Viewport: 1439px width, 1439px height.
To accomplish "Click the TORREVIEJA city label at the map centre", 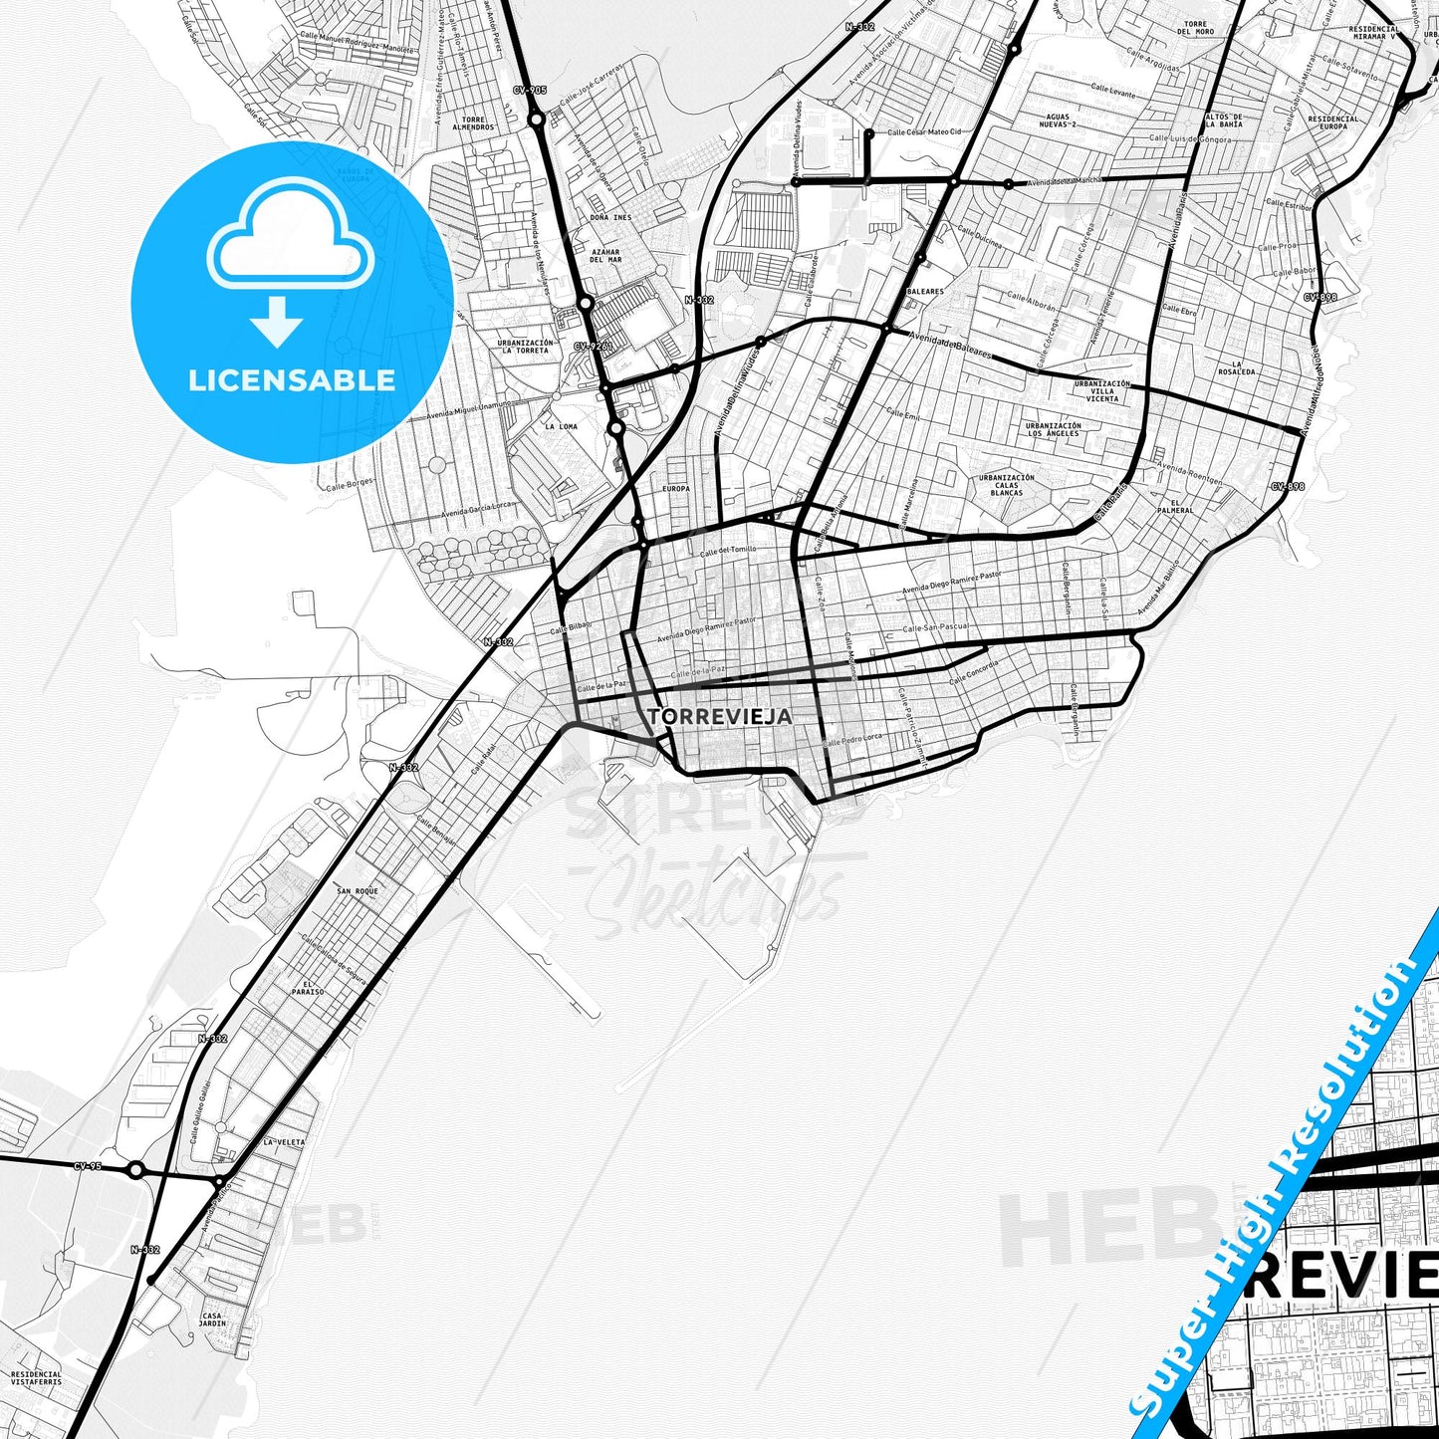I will [719, 716].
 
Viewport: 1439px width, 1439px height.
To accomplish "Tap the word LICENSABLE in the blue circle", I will [292, 379].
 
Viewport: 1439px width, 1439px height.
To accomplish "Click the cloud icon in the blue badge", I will [291, 234].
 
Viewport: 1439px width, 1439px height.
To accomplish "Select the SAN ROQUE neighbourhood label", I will [358, 891].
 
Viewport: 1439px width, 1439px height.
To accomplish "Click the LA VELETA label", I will [284, 1142].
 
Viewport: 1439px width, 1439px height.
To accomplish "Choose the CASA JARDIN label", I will [213, 1319].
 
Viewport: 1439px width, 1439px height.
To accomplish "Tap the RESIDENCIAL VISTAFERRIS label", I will [36, 1378].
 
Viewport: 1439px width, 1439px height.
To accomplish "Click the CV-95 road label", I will [88, 1166].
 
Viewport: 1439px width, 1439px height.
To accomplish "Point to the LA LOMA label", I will [561, 426].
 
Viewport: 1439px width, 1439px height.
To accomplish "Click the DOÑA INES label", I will [610, 217].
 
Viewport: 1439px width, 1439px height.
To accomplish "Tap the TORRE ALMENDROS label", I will [473, 123].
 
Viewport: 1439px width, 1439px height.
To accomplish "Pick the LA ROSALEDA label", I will [1236, 368].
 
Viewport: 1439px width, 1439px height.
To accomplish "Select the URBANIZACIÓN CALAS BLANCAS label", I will [1006, 485].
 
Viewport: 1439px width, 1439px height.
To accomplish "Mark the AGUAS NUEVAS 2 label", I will [1057, 120].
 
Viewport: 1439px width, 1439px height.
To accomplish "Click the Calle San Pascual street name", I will [935, 628].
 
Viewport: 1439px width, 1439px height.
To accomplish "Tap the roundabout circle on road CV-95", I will [136, 1169].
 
